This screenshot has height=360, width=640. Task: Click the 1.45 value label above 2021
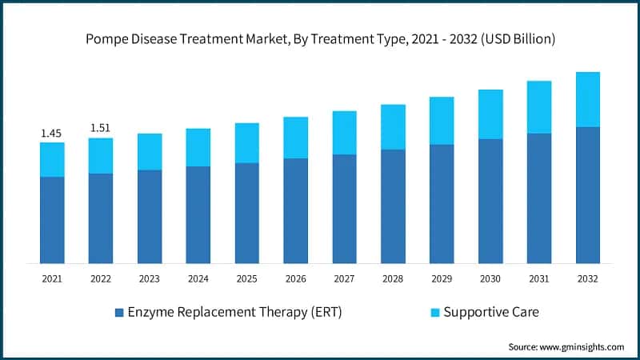[52, 133]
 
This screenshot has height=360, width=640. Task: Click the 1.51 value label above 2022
[101, 128]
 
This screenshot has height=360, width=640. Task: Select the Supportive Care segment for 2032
[588, 99]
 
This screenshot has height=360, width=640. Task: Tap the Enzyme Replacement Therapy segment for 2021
[52, 220]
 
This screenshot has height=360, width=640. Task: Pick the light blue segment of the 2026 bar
[296, 138]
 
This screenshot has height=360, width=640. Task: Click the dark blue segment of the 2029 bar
[442, 204]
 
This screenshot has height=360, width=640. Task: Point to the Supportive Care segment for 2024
[198, 147]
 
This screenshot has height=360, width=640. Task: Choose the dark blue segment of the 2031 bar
[539, 198]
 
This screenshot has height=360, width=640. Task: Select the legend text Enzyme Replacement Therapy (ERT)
[234, 312]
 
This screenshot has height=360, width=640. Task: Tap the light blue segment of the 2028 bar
[393, 126]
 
